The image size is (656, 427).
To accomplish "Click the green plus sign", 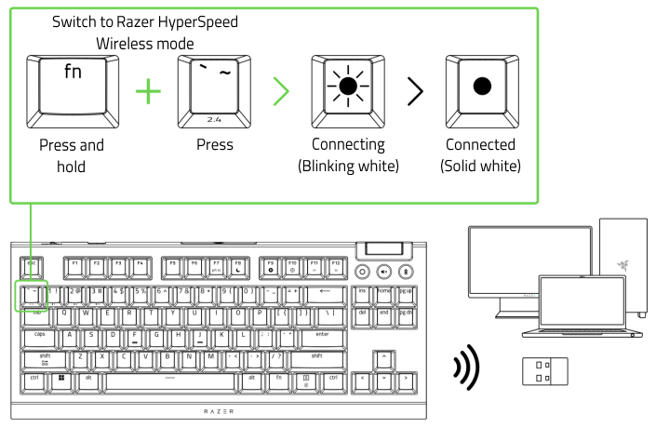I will pyautogui.click(x=147, y=92).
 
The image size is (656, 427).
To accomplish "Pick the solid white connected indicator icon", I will pyautogui.click(x=481, y=88).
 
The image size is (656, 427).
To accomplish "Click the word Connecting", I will pyautogui.click(x=348, y=145).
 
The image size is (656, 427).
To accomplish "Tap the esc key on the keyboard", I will pyautogui.click(x=31, y=264).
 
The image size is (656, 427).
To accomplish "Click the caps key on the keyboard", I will pyautogui.click(x=40, y=334).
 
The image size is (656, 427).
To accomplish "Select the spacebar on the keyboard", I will pyautogui.click(x=168, y=380).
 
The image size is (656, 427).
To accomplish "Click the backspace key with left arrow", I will pyautogui.click(x=326, y=292).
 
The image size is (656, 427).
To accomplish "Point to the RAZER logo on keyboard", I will pyautogui.click(x=219, y=410).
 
